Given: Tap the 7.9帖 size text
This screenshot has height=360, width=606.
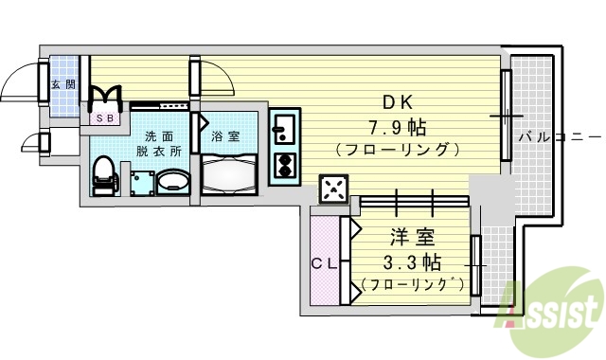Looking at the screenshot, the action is [x=398, y=126].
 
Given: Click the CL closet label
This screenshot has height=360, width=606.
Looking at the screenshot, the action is [x=322, y=264].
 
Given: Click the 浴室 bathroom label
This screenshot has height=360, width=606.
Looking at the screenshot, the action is [x=225, y=135].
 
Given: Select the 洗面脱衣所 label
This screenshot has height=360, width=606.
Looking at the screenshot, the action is [x=157, y=143].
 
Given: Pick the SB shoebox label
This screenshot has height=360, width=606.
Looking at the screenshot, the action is [x=104, y=119].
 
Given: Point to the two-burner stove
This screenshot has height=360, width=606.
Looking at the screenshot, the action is [x=284, y=165].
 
